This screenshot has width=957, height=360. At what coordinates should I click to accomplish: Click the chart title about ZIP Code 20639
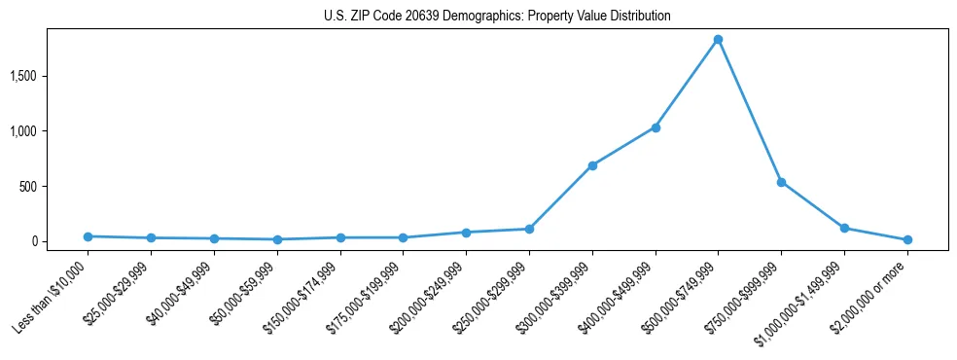click(x=497, y=17)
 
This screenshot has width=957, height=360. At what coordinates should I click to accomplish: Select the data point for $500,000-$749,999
click(x=718, y=40)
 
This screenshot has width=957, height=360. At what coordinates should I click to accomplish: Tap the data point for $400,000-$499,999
click(x=656, y=127)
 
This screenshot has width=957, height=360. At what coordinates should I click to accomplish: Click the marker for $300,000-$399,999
click(x=592, y=165)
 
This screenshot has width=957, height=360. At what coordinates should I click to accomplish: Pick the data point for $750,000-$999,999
click(x=781, y=182)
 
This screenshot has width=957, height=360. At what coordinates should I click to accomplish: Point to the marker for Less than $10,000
click(x=89, y=236)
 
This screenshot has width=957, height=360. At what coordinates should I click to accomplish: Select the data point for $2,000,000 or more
click(x=907, y=239)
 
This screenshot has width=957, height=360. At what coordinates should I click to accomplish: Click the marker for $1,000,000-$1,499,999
click(x=844, y=228)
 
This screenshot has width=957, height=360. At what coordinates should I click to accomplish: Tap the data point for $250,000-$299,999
click(x=529, y=229)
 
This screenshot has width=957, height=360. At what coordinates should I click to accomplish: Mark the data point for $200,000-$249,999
click(x=466, y=233)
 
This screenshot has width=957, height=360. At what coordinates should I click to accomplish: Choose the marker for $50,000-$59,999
click(x=277, y=239)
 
